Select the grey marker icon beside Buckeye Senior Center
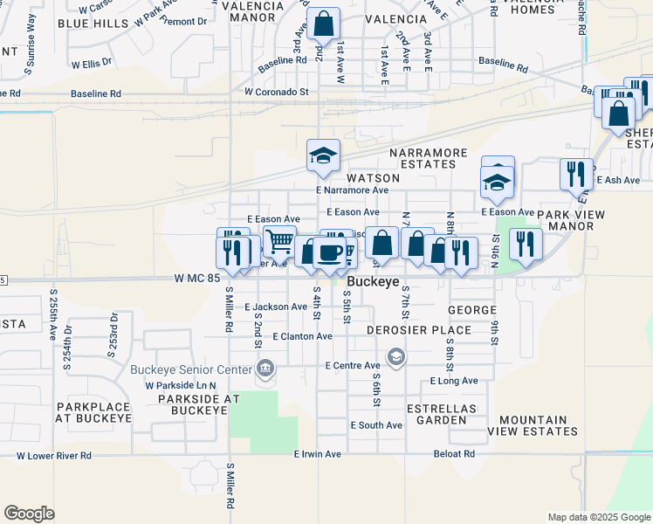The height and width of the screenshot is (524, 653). [x=265, y=371]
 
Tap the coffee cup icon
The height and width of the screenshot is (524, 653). [x=329, y=252]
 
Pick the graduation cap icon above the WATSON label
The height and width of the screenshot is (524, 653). [x=323, y=155]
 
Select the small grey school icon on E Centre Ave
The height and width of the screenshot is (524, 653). [x=395, y=356]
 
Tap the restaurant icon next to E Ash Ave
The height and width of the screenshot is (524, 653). [x=574, y=173]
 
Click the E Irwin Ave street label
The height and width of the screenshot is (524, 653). [x=318, y=454]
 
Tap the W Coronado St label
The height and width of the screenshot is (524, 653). [x=277, y=91]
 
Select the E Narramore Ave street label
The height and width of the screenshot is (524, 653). [x=352, y=190]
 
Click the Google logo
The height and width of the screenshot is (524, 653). [x=29, y=514]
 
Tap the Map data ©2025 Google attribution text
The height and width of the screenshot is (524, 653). [x=598, y=517]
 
